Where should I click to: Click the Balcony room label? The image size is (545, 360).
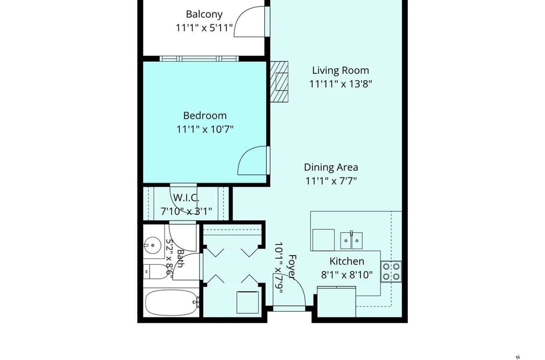coord(204,14)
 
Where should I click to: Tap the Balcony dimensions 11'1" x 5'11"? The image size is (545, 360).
coord(204,28)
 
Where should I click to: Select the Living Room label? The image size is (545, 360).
coord(341,70)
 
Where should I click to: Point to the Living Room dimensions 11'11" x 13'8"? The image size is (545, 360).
coord(341,84)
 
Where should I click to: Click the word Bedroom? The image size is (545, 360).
coord(205,115)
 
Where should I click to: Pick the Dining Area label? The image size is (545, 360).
coord(331,167)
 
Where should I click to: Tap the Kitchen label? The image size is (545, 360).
coord(347,262)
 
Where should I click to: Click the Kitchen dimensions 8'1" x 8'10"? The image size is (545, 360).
coord(347,275)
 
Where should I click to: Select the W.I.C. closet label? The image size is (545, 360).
coord(186,197)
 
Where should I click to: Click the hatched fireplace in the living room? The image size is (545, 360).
coord(279,82)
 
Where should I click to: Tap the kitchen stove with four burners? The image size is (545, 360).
coord(391,271)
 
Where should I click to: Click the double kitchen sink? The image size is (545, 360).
coord(351,241)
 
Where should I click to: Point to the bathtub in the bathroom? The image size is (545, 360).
coord(172,302)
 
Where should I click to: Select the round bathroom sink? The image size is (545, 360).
coord(152,245)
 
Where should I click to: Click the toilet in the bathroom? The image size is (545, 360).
coord(157,272)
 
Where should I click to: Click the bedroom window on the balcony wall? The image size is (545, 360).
coord(200,59)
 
